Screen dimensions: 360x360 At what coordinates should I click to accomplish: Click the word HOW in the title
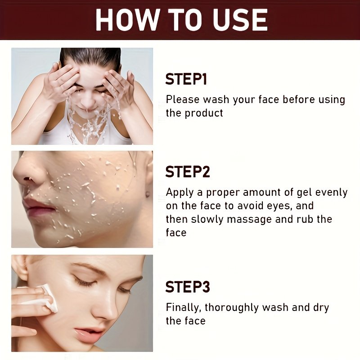coord(128,20)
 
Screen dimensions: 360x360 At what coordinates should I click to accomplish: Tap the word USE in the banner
coord(240,20)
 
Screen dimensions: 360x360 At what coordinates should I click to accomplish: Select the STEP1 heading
coord(186,79)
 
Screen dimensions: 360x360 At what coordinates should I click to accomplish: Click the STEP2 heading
coord(188,171)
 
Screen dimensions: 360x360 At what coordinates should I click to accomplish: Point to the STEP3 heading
coord(188,287)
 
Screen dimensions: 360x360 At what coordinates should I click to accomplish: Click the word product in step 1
coord(204,113)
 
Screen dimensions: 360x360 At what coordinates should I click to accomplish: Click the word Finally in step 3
coord(184,308)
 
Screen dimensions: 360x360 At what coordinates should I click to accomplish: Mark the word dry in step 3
coord(321,308)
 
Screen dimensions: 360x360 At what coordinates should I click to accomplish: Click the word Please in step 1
coord(183,99)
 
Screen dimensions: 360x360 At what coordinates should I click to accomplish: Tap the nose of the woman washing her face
coord(87,101)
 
